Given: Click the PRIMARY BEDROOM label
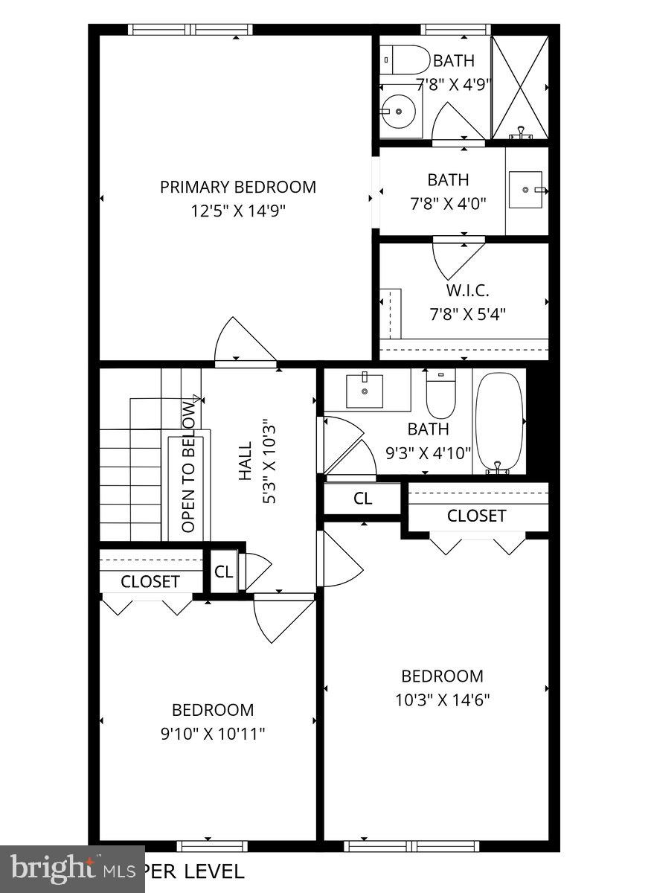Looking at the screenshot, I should (x=237, y=187).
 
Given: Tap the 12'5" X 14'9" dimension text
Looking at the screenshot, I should (x=237, y=211).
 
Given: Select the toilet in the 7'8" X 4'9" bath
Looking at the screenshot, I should (x=405, y=59).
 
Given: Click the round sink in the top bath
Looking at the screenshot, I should (x=400, y=112).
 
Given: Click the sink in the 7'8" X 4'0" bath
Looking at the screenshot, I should (x=527, y=191).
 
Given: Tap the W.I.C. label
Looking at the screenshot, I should (x=467, y=290).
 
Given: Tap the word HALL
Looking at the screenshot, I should (x=246, y=461).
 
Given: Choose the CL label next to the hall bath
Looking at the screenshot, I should (x=362, y=499).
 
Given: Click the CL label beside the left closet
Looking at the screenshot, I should (x=223, y=572).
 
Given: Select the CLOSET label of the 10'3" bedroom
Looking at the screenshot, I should (x=476, y=516).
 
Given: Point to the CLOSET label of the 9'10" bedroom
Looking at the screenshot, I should (x=150, y=581).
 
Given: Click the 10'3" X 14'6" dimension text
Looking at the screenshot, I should (x=442, y=700).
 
